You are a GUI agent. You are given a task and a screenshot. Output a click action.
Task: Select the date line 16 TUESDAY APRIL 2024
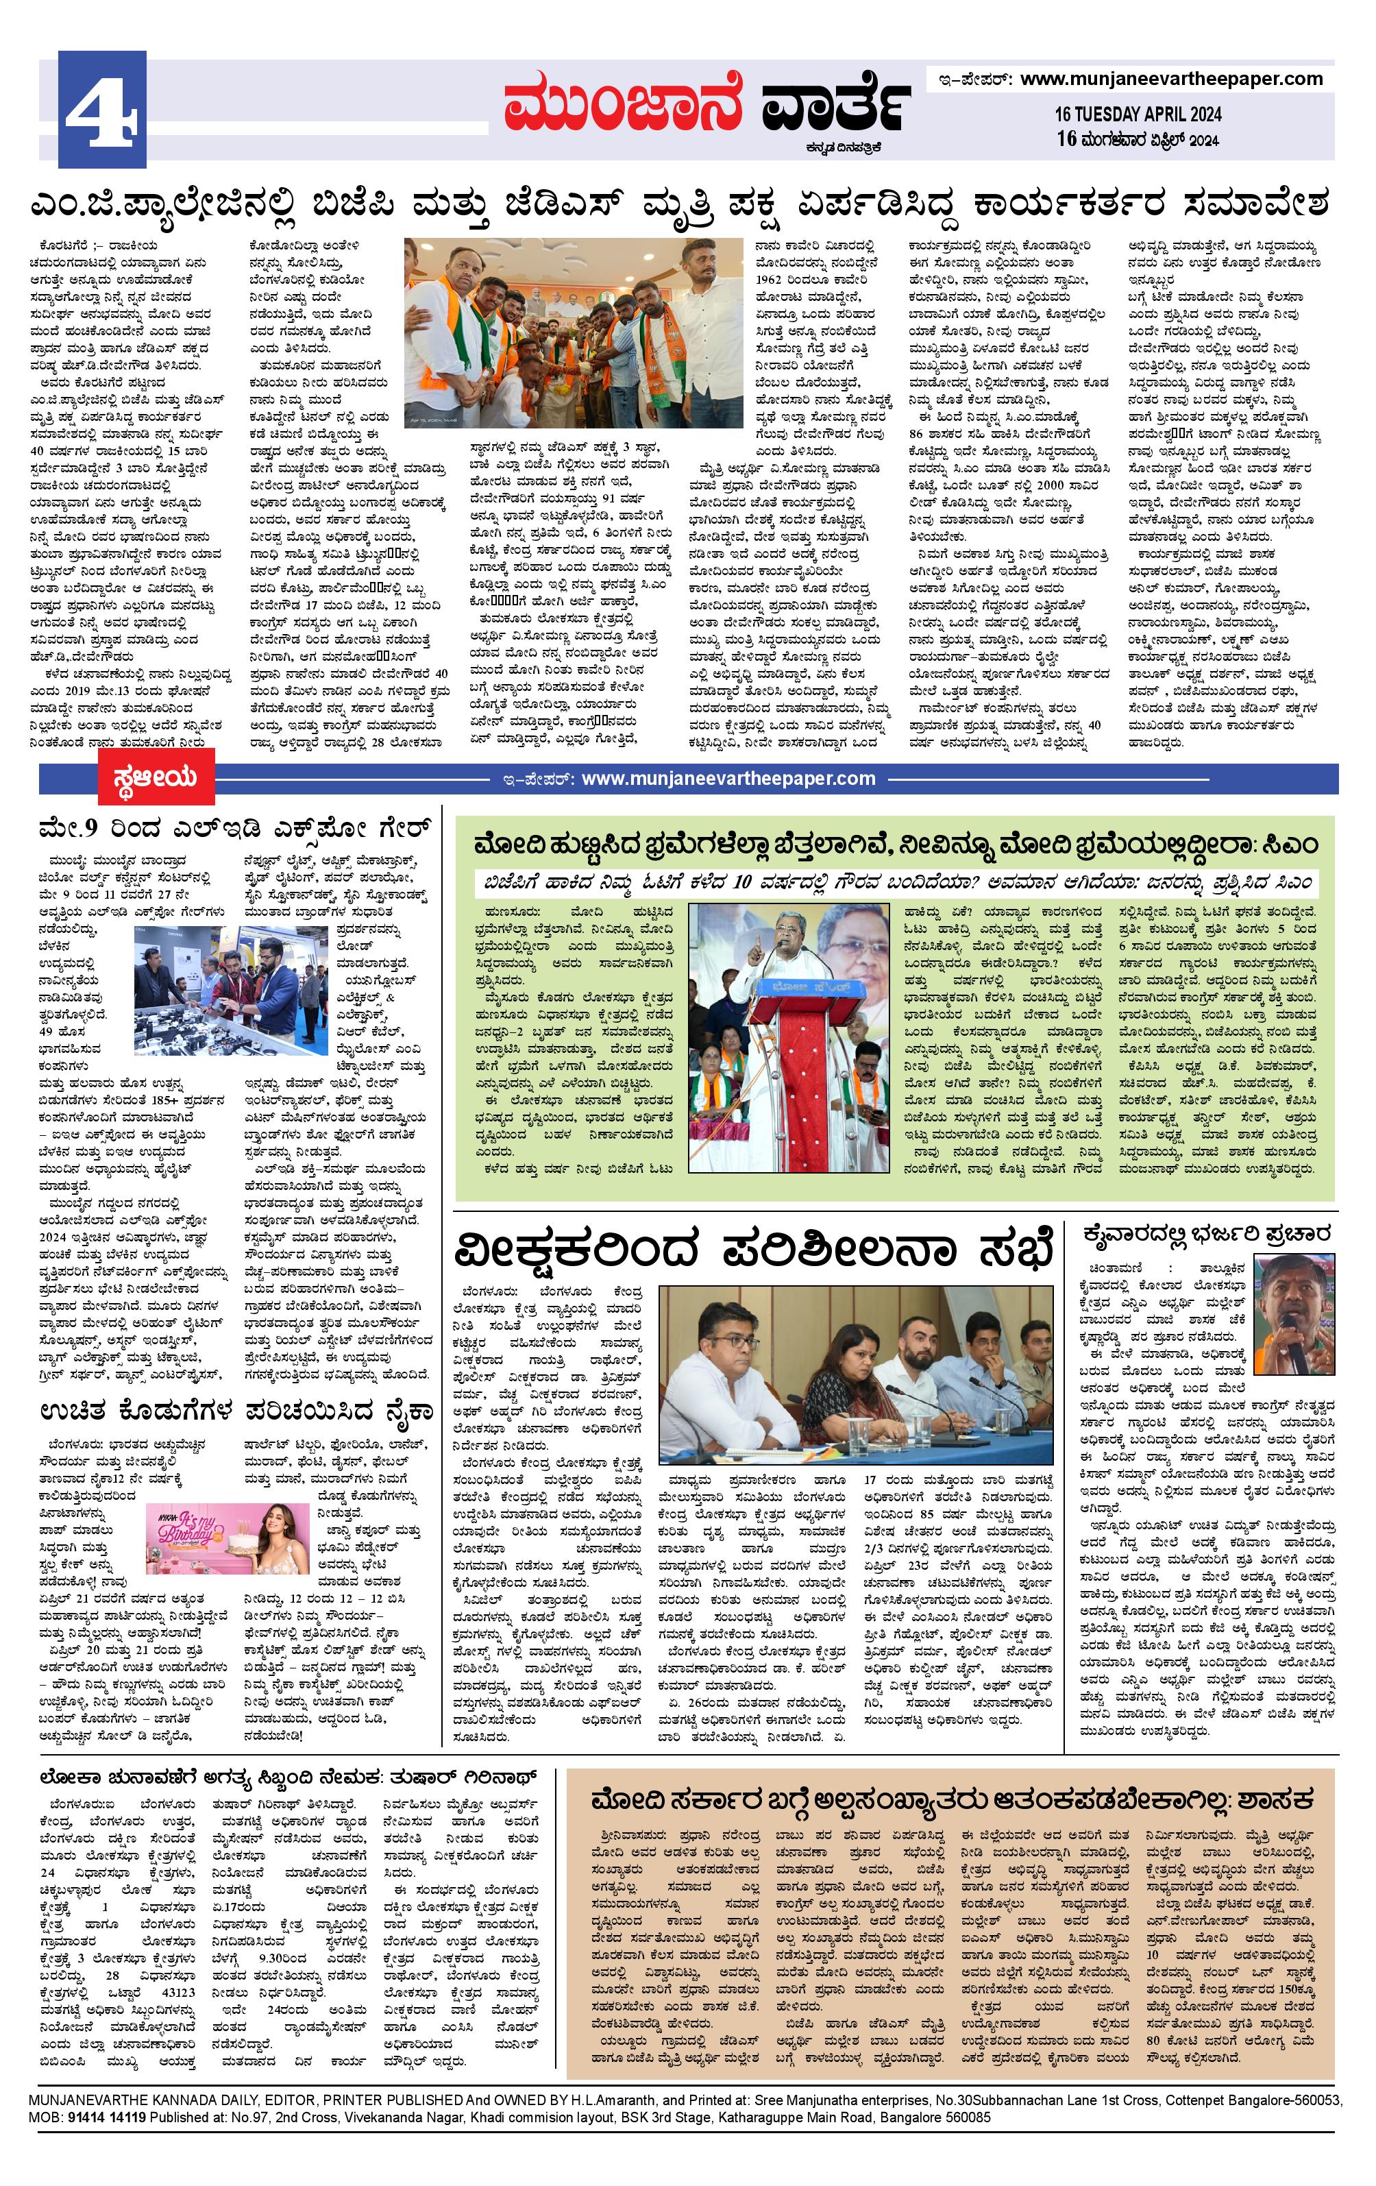(x=1138, y=115)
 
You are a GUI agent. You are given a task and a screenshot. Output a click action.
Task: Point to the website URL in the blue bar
(x=728, y=779)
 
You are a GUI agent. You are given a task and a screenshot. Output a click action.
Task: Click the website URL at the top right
(x=1171, y=79)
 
